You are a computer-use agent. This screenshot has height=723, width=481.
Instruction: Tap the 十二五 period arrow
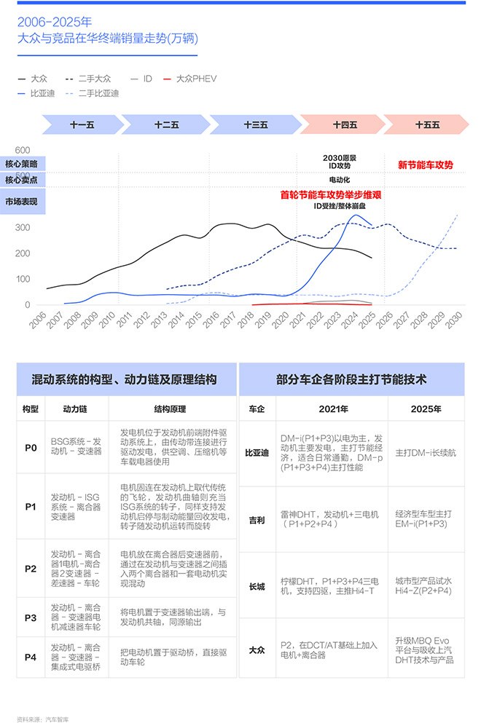167,125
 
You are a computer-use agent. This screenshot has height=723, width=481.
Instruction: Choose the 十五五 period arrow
427,125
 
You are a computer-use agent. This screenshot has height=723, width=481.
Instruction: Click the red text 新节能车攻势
425,165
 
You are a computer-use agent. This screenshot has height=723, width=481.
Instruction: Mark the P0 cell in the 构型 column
31,448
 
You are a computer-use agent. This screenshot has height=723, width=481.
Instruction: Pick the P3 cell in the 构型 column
31,618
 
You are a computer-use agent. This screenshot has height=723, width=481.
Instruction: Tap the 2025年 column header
426,409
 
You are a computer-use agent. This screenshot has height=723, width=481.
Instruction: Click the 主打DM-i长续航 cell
426,453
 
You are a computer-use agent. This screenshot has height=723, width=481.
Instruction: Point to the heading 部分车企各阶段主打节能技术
351,379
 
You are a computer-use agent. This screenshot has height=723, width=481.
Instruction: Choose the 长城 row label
257,587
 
